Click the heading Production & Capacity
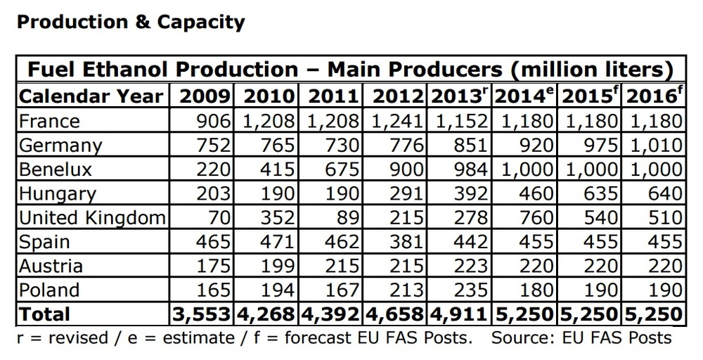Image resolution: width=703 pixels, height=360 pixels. point(131,22)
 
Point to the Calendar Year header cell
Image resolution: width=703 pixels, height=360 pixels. point(91,96)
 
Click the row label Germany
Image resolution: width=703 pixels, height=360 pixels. point(60,145)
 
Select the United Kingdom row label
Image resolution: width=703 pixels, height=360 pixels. point(91,217)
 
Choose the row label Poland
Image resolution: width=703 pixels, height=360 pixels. point(49,289)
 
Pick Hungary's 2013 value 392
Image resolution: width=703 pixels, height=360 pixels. point(469,193)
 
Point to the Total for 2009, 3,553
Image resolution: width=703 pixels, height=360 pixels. point(202,314)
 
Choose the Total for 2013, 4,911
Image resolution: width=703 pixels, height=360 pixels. point(458,314)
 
